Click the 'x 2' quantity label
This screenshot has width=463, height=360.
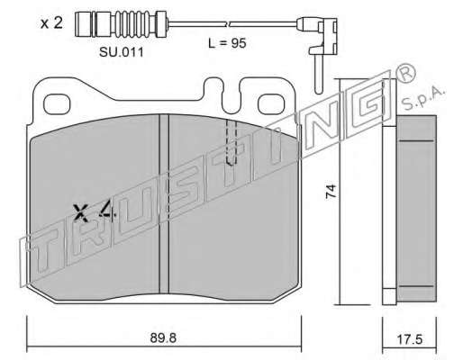pyautogui.click(x=51, y=23)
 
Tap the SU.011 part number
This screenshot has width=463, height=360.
pyautogui.click(x=122, y=52)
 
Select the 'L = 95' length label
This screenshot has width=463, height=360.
pyautogui.click(x=227, y=43)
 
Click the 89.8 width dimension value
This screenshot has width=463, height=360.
pyautogui.click(x=163, y=338)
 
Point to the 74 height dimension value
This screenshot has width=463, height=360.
pyautogui.click(x=331, y=191)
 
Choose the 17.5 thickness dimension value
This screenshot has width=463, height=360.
pyautogui.click(x=410, y=339)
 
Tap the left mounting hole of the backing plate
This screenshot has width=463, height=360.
pyautogui.click(x=57, y=104)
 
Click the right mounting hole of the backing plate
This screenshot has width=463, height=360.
pyautogui.click(x=271, y=103)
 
